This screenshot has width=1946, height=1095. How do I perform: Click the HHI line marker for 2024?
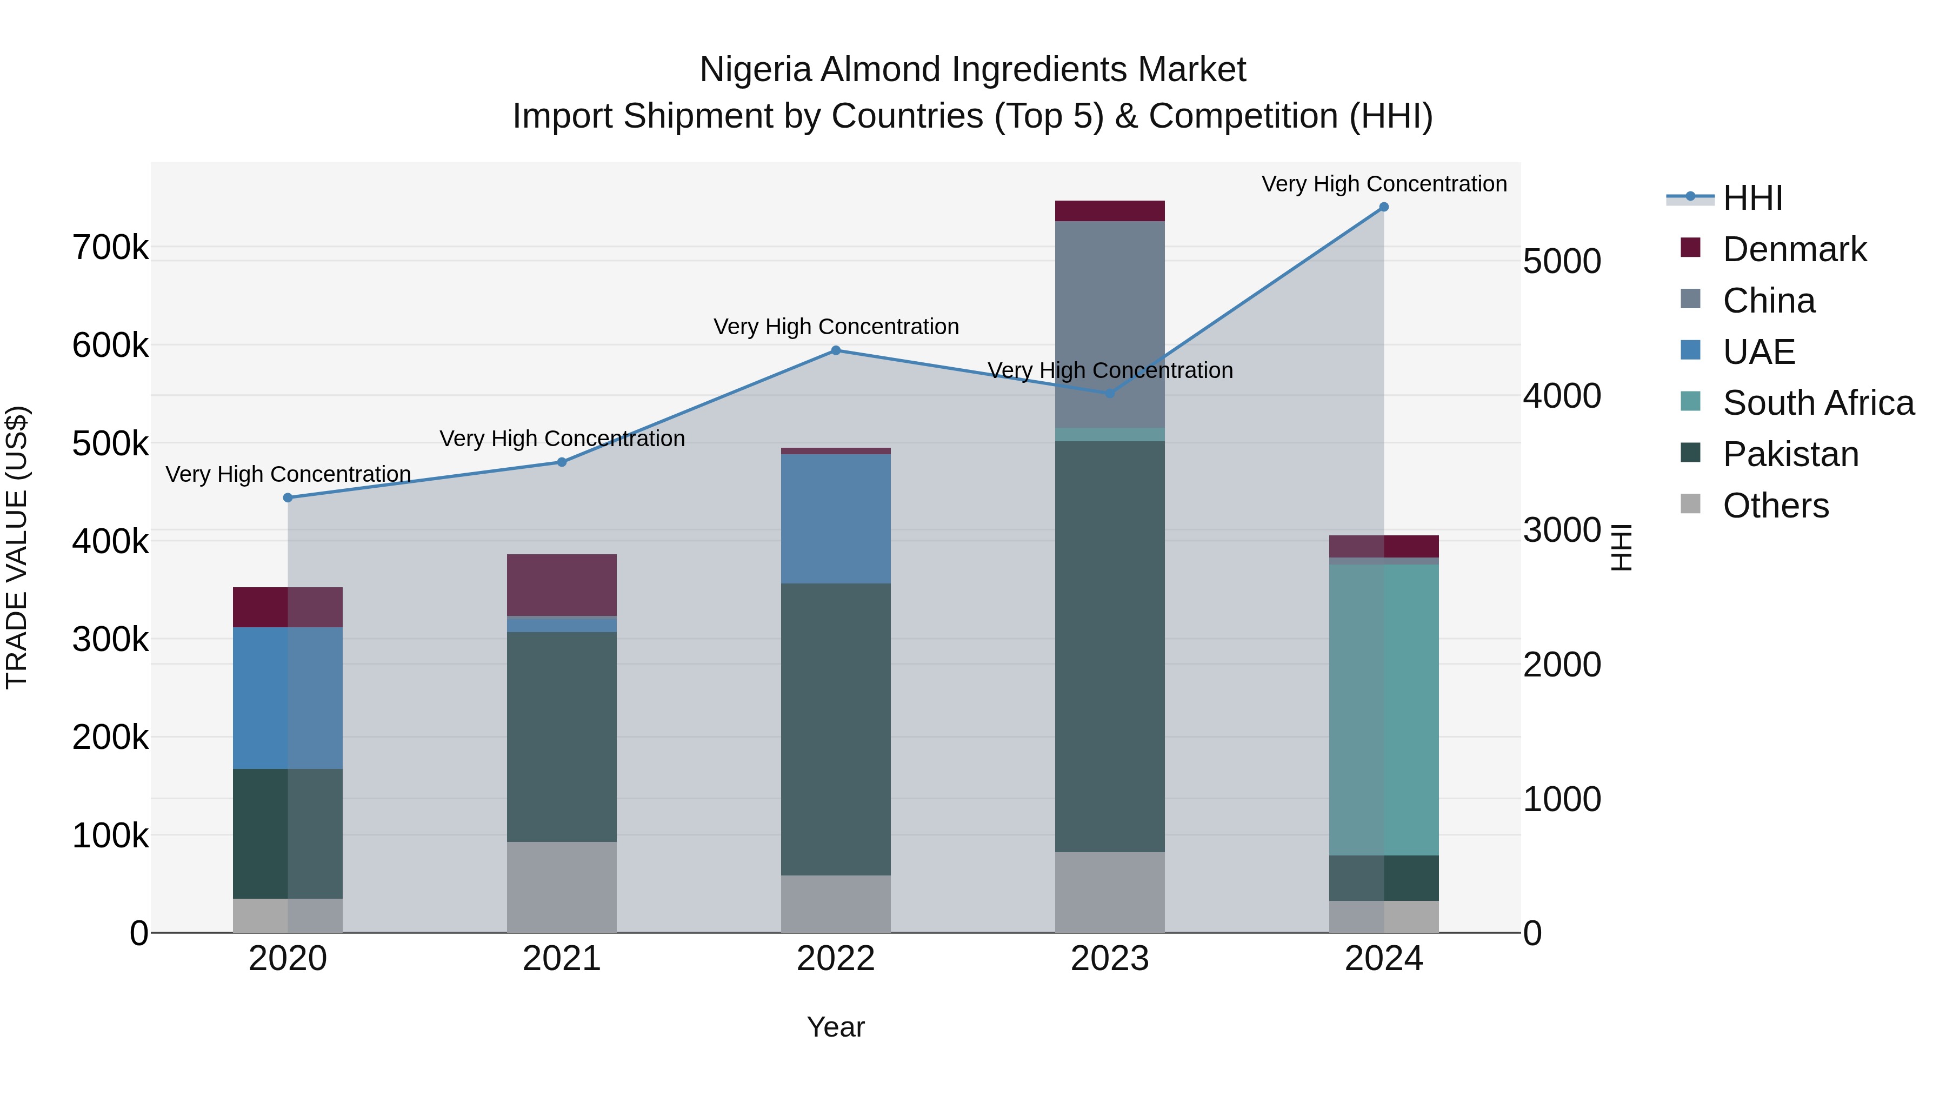pyautogui.click(x=1383, y=207)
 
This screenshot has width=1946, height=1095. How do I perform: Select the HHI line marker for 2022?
pyautogui.click(x=836, y=350)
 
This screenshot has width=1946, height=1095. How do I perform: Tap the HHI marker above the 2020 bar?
pyautogui.click(x=288, y=498)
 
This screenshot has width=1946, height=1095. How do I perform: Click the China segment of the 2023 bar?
pyautogui.click(x=1109, y=325)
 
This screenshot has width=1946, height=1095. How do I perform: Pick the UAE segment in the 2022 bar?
pyautogui.click(x=836, y=519)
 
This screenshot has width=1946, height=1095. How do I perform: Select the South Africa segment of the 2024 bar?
pyautogui.click(x=1383, y=711)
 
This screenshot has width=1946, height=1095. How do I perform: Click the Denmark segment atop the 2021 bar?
pyautogui.click(x=561, y=586)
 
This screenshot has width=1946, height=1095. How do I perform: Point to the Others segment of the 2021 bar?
pyautogui.click(x=561, y=887)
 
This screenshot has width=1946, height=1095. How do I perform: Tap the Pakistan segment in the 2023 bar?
pyautogui.click(x=1109, y=647)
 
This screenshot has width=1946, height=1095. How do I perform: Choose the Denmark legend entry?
pyautogui.click(x=1794, y=249)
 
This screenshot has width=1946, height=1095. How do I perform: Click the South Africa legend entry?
pyautogui.click(x=1817, y=403)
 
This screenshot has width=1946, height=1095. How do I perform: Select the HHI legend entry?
pyautogui.click(x=1752, y=198)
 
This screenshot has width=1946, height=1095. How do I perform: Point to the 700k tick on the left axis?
pyautogui.click(x=110, y=248)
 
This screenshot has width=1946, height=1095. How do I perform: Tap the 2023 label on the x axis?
pyautogui.click(x=1109, y=959)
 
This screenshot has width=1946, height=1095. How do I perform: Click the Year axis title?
pyautogui.click(x=836, y=1027)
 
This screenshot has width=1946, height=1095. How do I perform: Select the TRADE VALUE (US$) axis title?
pyautogui.click(x=17, y=547)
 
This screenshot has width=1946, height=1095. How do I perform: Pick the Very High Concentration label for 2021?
pyautogui.click(x=562, y=439)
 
